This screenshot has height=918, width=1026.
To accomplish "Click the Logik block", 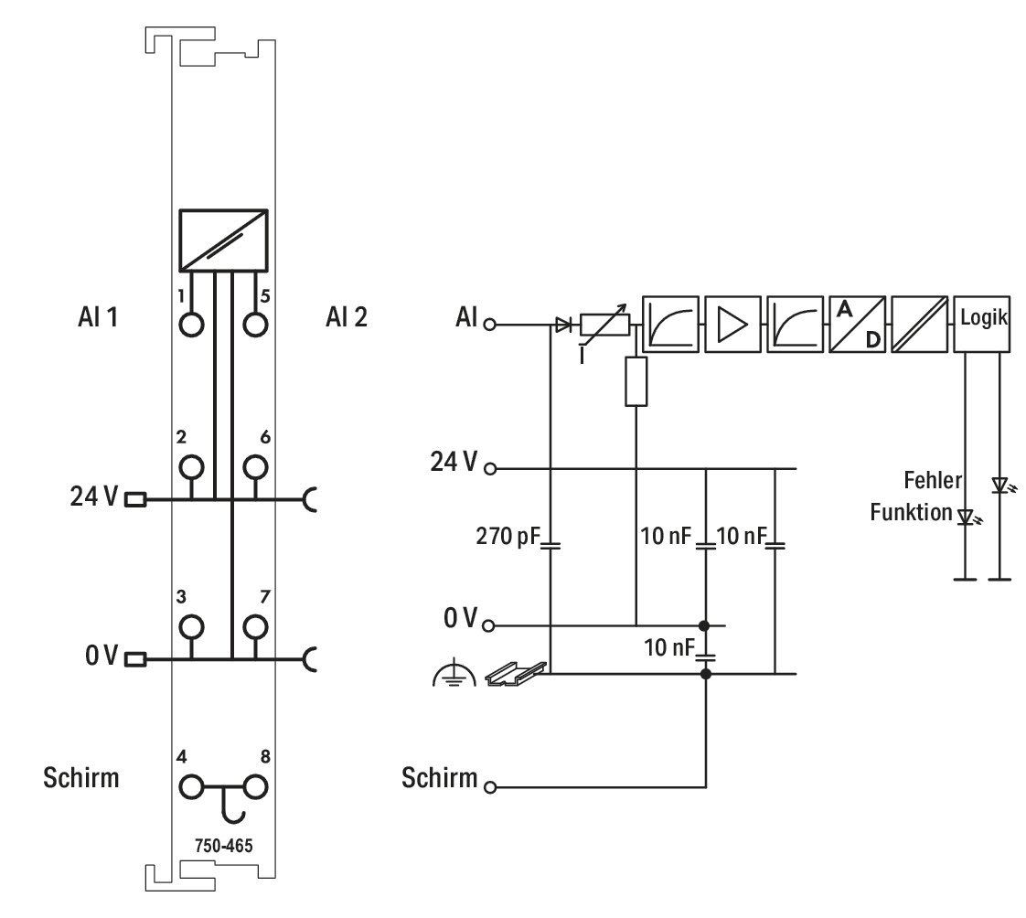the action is (x=982, y=324).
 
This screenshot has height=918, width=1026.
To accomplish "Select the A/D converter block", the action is (x=857, y=324).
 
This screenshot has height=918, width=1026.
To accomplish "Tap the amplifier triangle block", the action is (x=732, y=324).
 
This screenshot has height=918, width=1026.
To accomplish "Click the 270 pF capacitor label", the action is (x=508, y=537).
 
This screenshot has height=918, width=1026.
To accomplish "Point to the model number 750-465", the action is (x=224, y=846).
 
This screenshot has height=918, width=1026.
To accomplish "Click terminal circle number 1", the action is (x=191, y=324).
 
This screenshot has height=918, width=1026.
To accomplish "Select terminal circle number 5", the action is (x=255, y=324).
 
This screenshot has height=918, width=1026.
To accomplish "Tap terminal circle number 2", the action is (x=191, y=467).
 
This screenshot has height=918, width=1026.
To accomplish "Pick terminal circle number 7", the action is (x=255, y=627).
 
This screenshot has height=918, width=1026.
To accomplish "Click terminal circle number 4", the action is (x=191, y=786).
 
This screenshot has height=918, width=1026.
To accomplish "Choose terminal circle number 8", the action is (x=255, y=786).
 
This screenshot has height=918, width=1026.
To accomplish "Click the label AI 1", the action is (x=98, y=317).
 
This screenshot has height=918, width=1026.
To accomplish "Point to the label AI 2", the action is (x=347, y=317).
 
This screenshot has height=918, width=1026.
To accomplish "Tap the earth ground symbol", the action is (x=454, y=675).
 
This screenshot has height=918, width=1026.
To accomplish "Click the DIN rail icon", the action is (x=516, y=674).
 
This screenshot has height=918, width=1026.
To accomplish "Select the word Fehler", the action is (x=933, y=480).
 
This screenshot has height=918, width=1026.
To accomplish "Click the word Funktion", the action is (x=911, y=512).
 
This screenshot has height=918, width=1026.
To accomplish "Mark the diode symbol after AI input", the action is (x=562, y=324).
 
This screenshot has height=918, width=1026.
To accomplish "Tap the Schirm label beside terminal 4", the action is (x=81, y=778).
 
